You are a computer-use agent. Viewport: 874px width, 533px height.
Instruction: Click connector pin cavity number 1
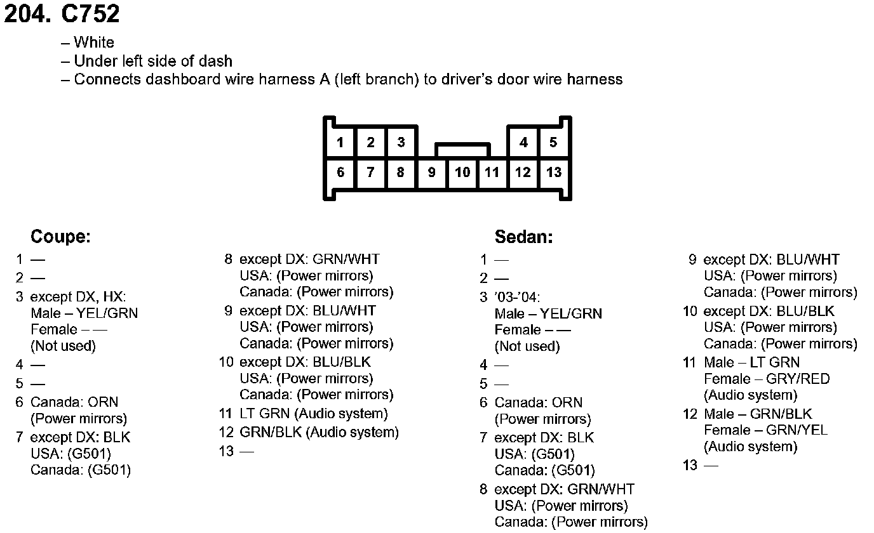[340, 142]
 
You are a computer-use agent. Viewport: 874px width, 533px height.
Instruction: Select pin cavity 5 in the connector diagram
[553, 142]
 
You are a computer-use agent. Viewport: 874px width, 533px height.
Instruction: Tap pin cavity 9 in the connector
[431, 172]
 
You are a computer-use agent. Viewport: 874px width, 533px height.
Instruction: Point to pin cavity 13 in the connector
[554, 172]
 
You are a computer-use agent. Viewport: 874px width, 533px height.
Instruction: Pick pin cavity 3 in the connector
[401, 142]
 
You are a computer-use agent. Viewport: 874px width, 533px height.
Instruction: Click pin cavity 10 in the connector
[462, 172]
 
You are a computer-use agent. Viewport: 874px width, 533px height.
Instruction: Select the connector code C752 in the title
[90, 14]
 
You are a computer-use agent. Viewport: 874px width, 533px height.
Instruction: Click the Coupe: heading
[60, 237]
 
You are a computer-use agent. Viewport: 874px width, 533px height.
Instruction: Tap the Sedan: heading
[523, 237]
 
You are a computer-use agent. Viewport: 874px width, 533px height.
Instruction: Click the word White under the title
[94, 43]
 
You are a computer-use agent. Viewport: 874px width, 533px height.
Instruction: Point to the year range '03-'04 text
[517, 297]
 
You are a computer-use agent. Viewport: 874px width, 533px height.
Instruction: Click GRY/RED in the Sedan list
[798, 379]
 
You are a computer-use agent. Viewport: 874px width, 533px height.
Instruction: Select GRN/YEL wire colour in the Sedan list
[797, 430]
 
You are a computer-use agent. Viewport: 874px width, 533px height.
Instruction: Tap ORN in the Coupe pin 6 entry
[103, 402]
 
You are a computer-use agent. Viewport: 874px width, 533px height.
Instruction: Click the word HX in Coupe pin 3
[114, 296]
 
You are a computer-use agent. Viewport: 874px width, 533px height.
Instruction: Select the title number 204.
[27, 14]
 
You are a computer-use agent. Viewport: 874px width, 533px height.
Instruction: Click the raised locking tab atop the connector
[462, 149]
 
